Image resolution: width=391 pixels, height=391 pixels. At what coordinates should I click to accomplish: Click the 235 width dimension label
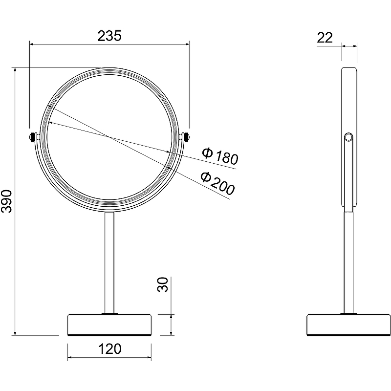pyautogui.click(x=109, y=36)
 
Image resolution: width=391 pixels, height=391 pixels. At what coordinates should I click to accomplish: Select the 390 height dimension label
pyautogui.click(x=7, y=201)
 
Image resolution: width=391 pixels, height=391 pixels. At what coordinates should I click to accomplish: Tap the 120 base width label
pyautogui.click(x=109, y=349)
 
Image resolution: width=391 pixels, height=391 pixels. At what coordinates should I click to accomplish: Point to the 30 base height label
pyautogui.click(x=163, y=284)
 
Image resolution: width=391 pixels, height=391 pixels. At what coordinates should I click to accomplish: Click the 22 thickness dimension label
pyautogui.click(x=325, y=38)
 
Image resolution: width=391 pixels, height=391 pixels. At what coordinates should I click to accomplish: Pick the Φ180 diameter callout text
pyautogui.click(x=220, y=156)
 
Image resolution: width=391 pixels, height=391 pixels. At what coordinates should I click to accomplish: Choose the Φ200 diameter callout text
pyautogui.click(x=217, y=183)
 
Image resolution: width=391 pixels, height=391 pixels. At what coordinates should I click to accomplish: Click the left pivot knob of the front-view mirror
pyautogui.click(x=32, y=137)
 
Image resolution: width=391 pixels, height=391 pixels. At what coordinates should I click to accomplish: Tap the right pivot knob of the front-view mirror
pyautogui.click(x=186, y=137)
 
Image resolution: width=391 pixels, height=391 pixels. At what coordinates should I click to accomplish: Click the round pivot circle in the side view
pyautogui.click(x=348, y=137)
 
